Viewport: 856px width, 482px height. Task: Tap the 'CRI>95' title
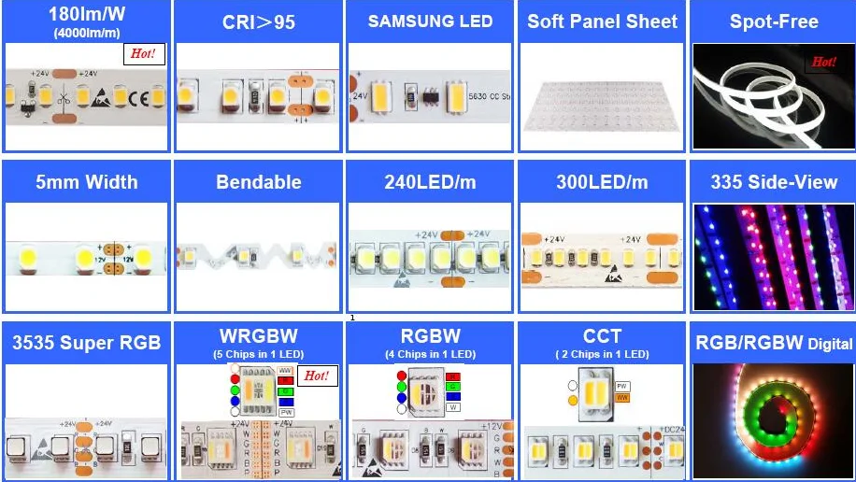pyautogui.click(x=258, y=21)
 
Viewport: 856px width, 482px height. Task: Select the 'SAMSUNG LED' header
pyautogui.click(x=430, y=21)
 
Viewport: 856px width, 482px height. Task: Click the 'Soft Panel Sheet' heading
pyautogui.click(x=602, y=21)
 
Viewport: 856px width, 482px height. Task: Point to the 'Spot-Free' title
pyautogui.click(x=774, y=21)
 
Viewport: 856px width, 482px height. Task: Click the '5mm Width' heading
pyautogui.click(x=86, y=182)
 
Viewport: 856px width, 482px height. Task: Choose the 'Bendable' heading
pyautogui.click(x=259, y=182)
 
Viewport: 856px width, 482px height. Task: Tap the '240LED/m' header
pyautogui.click(x=430, y=182)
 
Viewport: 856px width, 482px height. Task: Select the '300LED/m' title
pyautogui.click(x=602, y=182)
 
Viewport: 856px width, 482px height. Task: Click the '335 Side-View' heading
pyautogui.click(x=774, y=182)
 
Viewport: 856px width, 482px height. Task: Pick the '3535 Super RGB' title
pyautogui.click(x=86, y=343)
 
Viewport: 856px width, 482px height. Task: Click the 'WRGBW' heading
pyautogui.click(x=258, y=336)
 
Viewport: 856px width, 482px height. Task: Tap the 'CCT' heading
pyautogui.click(x=602, y=336)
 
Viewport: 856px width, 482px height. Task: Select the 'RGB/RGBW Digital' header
pyautogui.click(x=774, y=343)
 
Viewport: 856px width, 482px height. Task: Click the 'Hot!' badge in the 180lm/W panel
pyautogui.click(x=144, y=54)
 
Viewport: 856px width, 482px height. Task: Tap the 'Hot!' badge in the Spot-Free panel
pyautogui.click(x=823, y=62)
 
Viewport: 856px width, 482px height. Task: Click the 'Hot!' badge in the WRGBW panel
pyautogui.click(x=317, y=376)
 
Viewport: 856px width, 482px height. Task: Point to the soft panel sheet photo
pyautogui.click(x=602, y=98)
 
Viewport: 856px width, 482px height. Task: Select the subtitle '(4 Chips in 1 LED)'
pyautogui.click(x=430, y=354)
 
